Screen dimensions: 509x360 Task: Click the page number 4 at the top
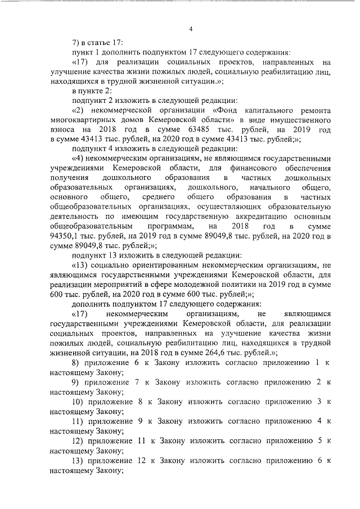191,29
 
